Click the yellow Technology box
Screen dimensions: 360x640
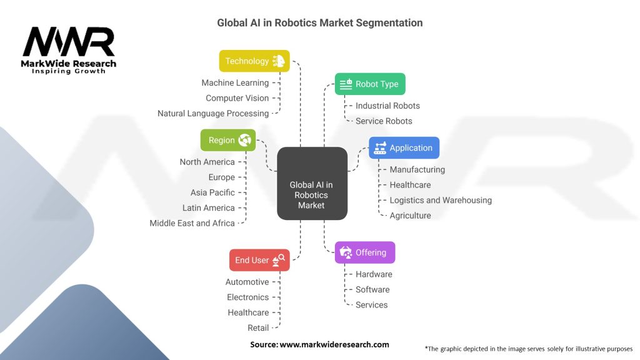pos(254,61)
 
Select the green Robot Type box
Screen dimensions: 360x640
pos(370,84)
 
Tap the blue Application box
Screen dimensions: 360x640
pos(404,148)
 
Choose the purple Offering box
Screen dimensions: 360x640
pos(365,252)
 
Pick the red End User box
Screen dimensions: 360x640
pos(259,260)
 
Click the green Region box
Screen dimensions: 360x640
pos(227,140)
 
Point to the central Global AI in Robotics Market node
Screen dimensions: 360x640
pos(311,194)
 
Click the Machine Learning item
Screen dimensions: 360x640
pos(235,82)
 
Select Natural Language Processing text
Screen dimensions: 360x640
pos(213,113)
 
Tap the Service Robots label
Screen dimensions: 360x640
pos(384,121)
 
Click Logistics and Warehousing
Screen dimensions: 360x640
pos(441,200)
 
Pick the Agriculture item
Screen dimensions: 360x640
pos(410,215)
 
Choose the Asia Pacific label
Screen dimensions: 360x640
pos(212,192)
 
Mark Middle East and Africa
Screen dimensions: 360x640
pos(192,222)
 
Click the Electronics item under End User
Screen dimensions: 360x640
pos(247,297)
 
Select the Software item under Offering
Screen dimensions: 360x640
pos(372,289)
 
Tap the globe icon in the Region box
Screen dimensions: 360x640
pos(245,140)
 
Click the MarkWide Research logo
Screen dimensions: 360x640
pos(69,50)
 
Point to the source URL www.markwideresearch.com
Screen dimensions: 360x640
pos(334,344)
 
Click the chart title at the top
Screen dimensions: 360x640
pos(319,23)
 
